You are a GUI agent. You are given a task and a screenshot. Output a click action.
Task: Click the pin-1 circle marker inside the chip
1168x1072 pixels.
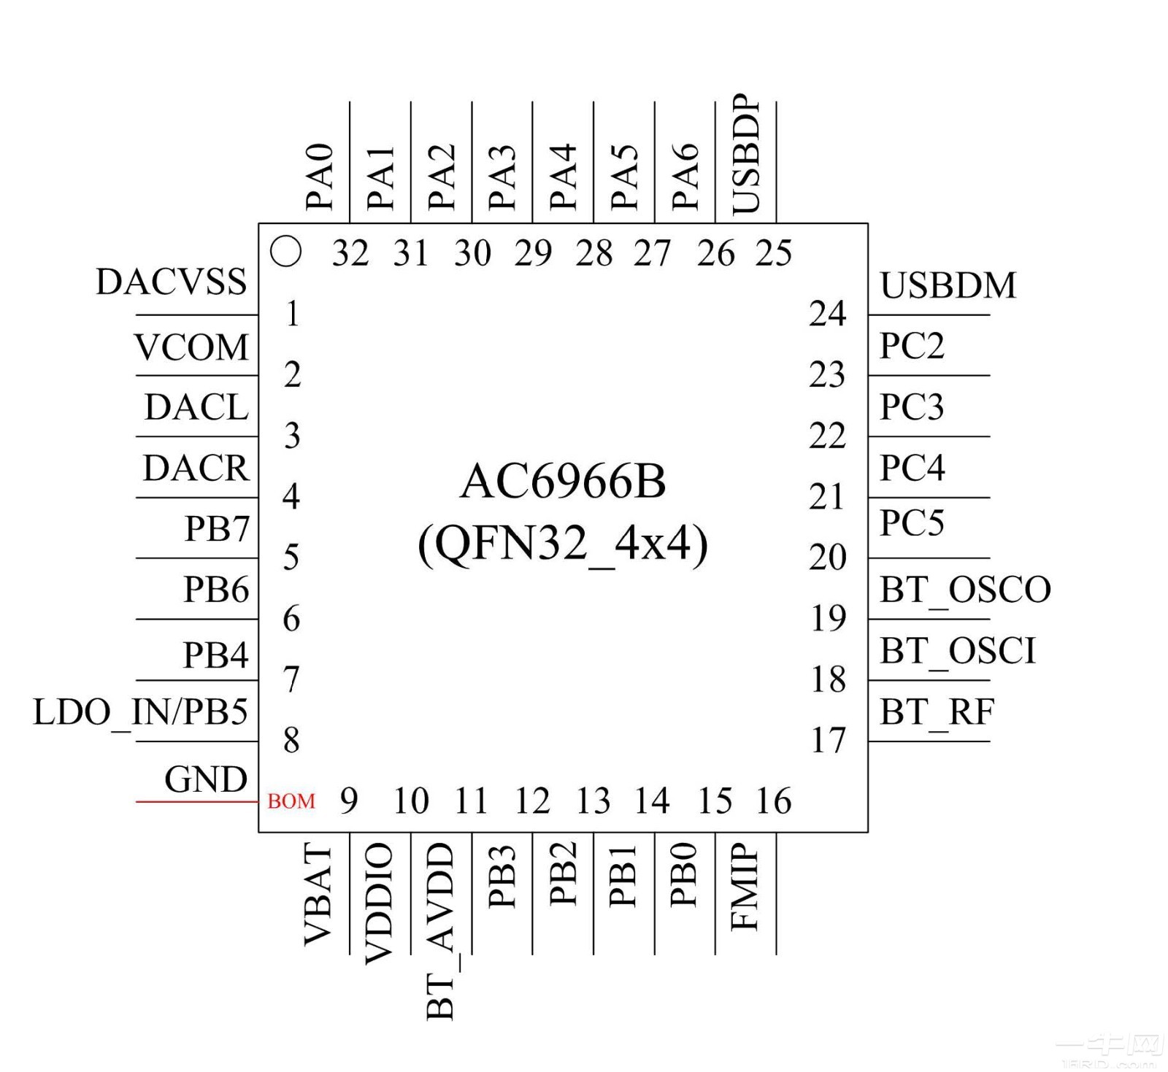click(285, 252)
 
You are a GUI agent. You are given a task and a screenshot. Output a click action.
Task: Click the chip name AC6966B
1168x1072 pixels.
click(563, 482)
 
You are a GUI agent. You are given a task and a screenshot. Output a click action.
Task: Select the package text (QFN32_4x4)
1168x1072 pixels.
click(563, 544)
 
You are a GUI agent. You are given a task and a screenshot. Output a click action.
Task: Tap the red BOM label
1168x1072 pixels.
click(291, 801)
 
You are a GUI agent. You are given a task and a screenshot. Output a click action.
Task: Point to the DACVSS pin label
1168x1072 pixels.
click(172, 282)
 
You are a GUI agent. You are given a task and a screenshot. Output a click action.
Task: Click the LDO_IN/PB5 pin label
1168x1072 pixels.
click(141, 712)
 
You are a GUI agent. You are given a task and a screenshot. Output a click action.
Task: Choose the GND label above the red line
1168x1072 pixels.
click(206, 779)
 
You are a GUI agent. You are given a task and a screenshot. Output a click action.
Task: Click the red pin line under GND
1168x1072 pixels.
click(197, 802)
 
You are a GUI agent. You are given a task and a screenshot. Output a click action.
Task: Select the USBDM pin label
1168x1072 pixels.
click(948, 285)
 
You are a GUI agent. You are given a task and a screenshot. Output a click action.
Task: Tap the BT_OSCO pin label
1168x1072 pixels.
click(964, 590)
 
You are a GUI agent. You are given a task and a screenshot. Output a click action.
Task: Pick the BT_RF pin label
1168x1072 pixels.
click(937, 712)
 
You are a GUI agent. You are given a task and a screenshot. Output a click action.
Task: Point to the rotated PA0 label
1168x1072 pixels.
click(320, 177)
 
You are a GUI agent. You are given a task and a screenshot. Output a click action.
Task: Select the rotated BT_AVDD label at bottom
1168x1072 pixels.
click(441, 931)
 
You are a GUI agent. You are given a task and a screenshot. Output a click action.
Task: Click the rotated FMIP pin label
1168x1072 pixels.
click(745, 887)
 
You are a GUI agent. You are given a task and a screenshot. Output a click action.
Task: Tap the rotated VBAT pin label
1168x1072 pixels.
click(319, 895)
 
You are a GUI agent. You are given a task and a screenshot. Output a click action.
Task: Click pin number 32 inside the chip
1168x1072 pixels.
click(350, 253)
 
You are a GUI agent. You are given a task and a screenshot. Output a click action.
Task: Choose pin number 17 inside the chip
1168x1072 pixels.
click(828, 740)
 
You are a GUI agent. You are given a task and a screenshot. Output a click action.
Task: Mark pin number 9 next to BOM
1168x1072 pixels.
click(349, 801)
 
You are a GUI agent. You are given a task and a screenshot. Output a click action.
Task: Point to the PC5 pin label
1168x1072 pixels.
click(912, 523)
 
